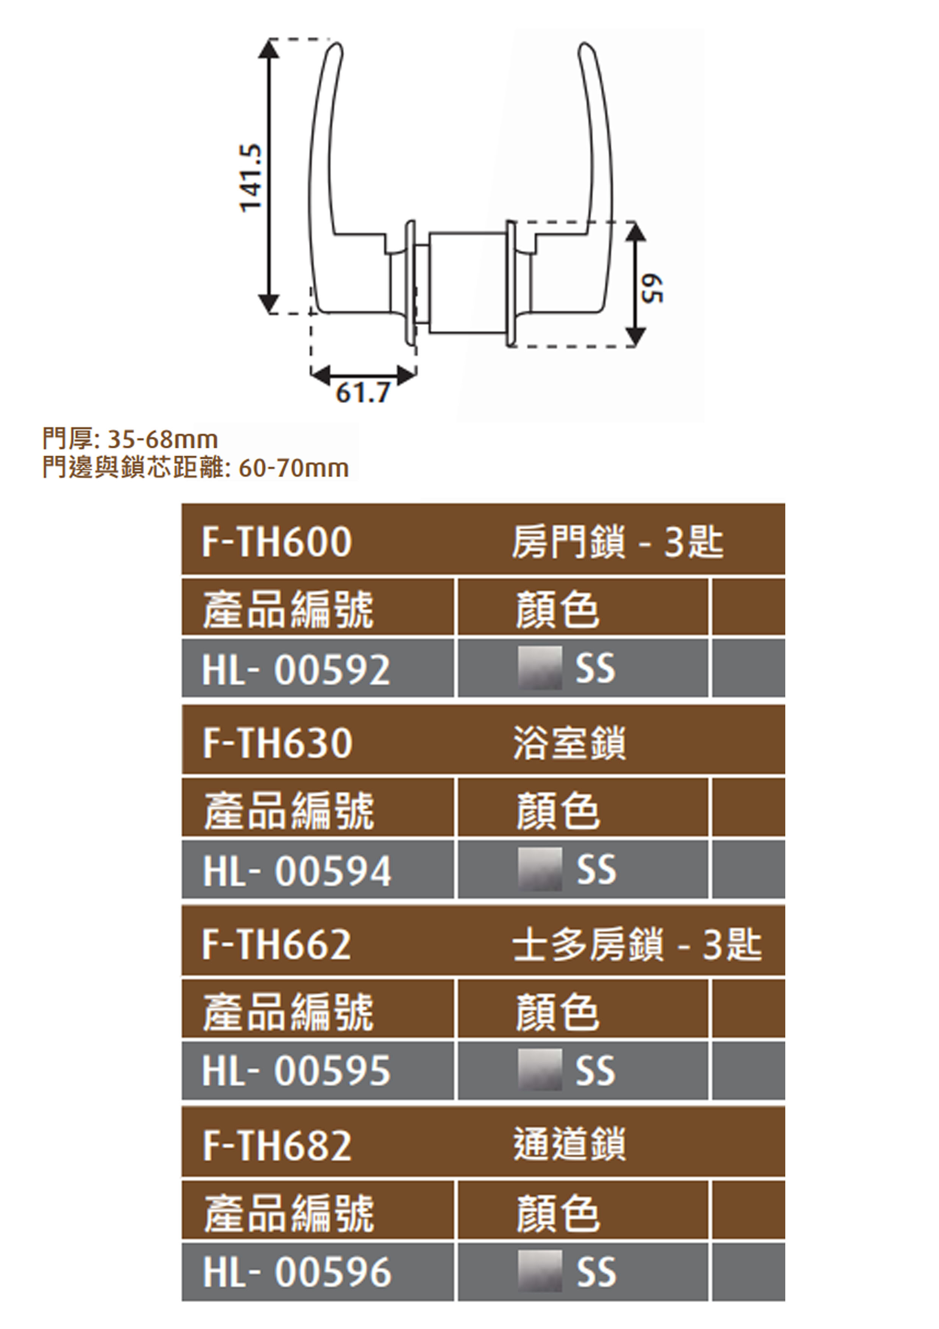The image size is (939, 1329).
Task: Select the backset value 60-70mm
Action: (293, 468)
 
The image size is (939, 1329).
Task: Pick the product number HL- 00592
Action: (296, 670)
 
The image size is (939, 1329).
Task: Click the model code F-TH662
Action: (276, 944)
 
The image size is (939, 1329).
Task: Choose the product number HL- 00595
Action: (296, 1071)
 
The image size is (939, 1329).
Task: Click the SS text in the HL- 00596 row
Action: (596, 1272)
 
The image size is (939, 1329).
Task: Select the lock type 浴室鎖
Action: (569, 743)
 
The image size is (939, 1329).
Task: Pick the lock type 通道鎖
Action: (569, 1145)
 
